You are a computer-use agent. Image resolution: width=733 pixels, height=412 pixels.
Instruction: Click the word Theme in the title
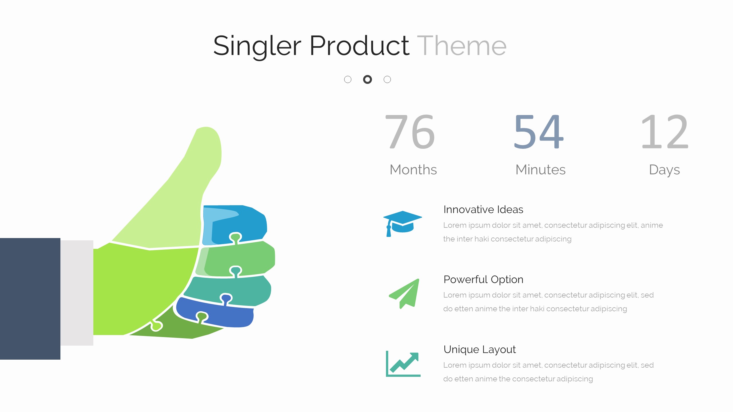coord(462,46)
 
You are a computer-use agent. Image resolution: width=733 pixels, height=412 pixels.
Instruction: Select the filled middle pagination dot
coord(367,79)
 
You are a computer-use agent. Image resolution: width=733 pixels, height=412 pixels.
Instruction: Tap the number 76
coord(410,132)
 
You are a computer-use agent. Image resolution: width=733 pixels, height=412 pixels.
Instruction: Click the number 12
coord(664,132)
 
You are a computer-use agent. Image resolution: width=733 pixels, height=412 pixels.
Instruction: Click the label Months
coord(413,170)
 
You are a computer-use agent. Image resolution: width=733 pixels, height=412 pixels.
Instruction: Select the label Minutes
coord(540,170)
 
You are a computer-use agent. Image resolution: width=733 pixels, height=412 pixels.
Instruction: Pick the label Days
coord(664,170)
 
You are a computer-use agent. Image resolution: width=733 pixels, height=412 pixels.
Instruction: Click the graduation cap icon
coord(402,223)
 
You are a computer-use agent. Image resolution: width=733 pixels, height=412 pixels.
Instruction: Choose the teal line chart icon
coord(403,364)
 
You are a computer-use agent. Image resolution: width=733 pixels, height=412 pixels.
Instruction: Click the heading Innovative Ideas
coord(483,209)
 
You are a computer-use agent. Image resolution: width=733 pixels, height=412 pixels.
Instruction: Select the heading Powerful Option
coord(483,280)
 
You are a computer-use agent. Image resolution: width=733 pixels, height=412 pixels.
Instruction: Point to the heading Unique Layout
coord(480,350)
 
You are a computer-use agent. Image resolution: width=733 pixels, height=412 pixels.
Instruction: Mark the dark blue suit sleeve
coord(30,299)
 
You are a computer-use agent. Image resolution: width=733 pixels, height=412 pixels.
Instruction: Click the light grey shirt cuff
coord(77,293)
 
